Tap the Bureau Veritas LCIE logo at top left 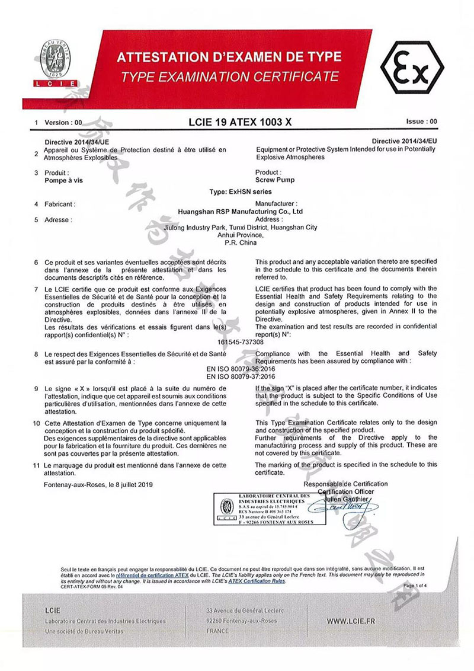(58, 63)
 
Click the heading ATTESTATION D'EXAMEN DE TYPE (229, 57)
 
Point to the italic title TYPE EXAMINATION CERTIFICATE (229, 76)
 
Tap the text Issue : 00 (421, 121)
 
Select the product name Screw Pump (275, 180)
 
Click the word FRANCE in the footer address (217, 631)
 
